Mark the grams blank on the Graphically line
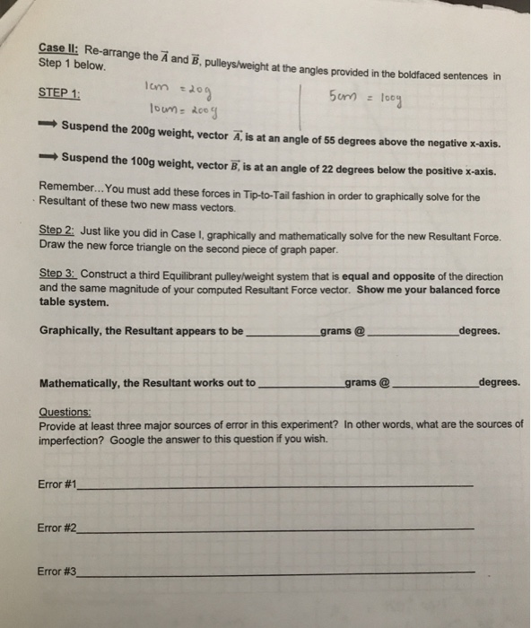pyautogui.click(x=281, y=331)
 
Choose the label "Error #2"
pyautogui.click(x=58, y=528)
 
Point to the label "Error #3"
pyautogui.click(x=58, y=571)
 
